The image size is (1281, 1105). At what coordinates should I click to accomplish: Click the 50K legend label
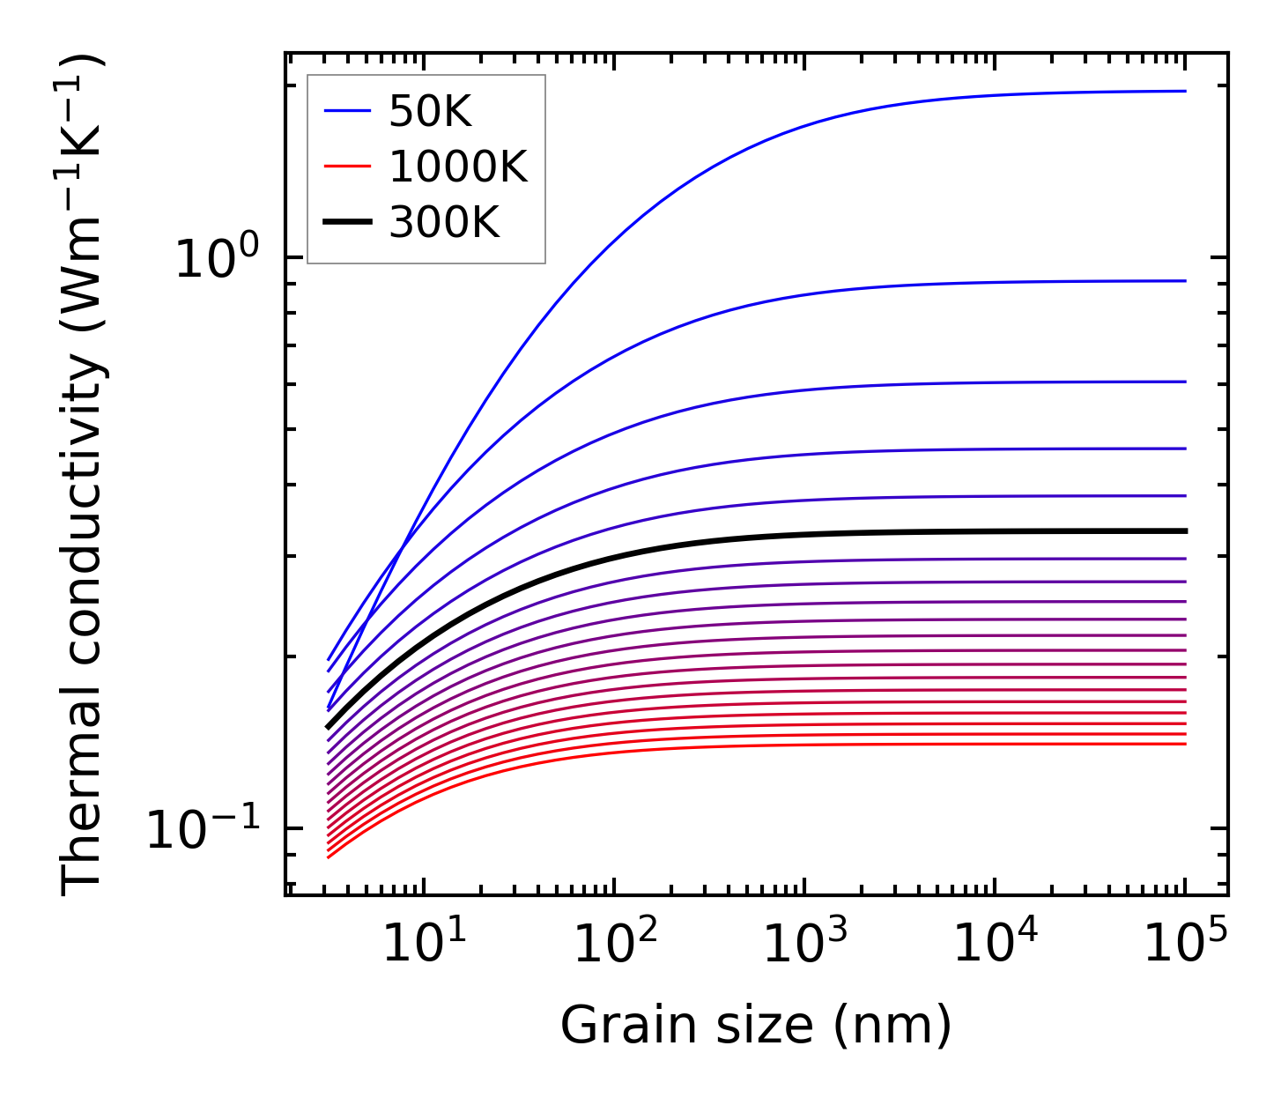[x=430, y=112]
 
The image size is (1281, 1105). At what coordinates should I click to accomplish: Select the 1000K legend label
[x=457, y=167]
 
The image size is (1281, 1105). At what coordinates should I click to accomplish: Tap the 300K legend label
[x=444, y=223]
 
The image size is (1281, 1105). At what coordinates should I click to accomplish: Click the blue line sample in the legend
[x=347, y=112]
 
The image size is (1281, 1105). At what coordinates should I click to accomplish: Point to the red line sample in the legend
[x=347, y=167]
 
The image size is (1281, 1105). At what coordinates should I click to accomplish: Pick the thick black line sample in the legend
[x=347, y=223]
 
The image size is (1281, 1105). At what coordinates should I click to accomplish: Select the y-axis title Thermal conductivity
[x=84, y=476]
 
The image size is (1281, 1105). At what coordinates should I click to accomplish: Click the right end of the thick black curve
[x=1186, y=531]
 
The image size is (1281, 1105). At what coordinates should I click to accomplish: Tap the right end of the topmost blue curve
[x=1186, y=91]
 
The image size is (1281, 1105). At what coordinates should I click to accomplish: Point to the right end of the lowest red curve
[x=1186, y=744]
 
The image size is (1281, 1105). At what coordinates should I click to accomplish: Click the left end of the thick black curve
[x=328, y=728]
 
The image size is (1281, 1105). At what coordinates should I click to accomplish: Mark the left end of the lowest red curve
[x=328, y=857]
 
